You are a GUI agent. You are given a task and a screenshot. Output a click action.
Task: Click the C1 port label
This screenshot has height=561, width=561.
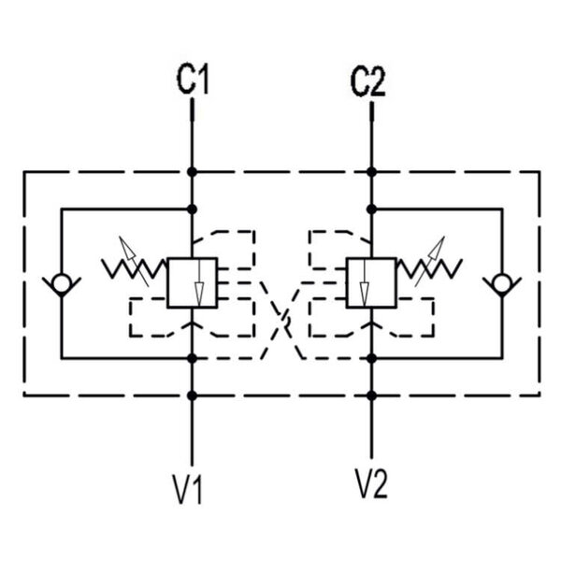point(193,79)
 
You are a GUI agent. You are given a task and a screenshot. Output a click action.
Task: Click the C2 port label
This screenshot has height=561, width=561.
point(368,82)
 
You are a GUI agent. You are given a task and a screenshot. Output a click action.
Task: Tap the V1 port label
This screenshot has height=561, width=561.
point(188,489)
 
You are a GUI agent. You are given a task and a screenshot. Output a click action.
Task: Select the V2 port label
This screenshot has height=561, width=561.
point(371,483)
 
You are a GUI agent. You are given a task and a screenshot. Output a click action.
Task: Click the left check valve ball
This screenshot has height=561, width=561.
point(62,282)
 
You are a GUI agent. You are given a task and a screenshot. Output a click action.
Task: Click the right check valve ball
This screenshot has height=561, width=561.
point(502,282)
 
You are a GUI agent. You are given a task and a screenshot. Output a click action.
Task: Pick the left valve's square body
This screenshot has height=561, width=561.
point(192,282)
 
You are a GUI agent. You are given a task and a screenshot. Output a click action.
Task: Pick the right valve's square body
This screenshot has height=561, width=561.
point(371,282)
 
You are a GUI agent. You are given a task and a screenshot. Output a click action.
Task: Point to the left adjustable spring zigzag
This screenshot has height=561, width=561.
point(134,269)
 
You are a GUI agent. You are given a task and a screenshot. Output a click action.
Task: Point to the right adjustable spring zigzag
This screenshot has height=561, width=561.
point(429,269)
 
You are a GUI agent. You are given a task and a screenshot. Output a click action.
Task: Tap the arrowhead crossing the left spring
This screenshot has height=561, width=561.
point(128,247)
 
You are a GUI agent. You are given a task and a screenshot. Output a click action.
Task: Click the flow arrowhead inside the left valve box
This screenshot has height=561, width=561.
point(199,295)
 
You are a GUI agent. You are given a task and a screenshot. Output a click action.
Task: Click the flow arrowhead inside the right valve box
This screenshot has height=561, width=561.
point(365,295)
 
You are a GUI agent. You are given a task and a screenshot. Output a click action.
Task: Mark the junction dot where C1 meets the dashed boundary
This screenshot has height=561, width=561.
point(192,172)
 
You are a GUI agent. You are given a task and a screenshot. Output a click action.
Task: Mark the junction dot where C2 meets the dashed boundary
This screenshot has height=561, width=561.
point(371,172)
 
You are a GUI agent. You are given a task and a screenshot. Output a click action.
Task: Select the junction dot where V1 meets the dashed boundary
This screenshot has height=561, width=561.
point(192,396)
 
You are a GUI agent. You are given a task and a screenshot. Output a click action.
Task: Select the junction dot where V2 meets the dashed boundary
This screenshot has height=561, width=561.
point(371,396)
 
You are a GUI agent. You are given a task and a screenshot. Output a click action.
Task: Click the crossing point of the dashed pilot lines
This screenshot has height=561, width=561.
point(282,319)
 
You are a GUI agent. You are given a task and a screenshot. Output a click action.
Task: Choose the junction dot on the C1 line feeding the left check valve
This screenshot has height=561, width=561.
point(192,209)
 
